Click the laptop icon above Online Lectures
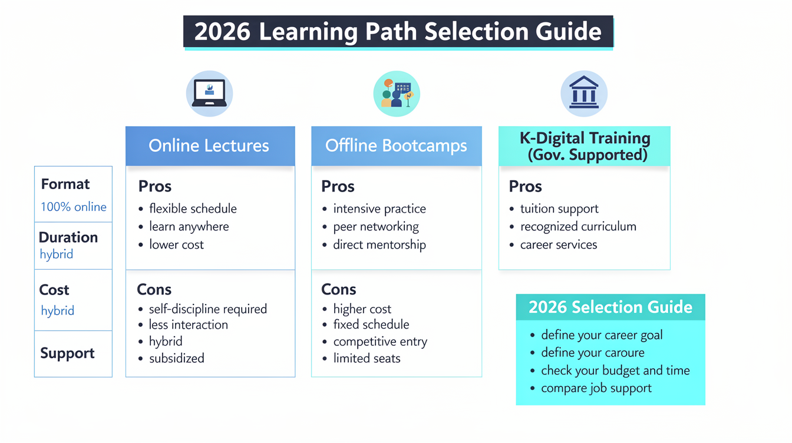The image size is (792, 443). pos(209,93)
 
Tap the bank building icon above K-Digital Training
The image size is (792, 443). pos(584,93)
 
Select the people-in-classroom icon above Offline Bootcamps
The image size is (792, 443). pos(397,93)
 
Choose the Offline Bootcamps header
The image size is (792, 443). pos(397,146)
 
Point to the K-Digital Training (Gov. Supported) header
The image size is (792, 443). pos(585,146)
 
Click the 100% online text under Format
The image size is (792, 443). pos(74,207)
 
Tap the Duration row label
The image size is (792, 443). pos(68,237)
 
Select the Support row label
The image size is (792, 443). pos(67,353)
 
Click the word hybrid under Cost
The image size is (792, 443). pos(58,311)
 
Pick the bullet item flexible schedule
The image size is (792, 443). pos(193,209)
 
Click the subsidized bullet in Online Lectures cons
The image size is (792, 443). pos(176,359)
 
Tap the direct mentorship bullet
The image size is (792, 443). pos(379,244)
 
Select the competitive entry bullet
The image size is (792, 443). pos(380,342)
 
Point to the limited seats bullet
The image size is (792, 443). pos(367,359)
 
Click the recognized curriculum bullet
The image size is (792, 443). pos(578,227)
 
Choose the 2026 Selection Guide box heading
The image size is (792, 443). pos(610,307)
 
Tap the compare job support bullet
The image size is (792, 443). pos(596,388)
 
